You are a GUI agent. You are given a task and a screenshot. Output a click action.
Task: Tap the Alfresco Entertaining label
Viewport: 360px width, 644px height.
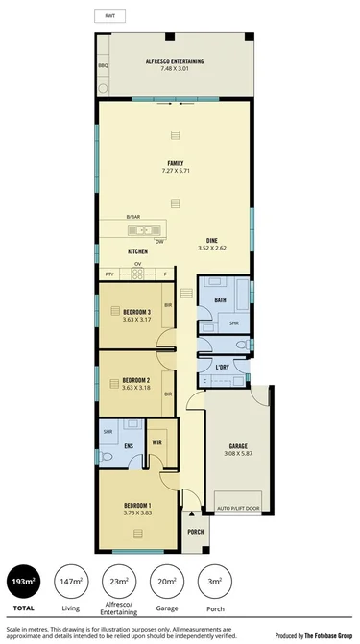click(x=176, y=61)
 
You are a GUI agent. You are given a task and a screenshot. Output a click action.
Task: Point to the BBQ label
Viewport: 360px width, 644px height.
click(x=104, y=65)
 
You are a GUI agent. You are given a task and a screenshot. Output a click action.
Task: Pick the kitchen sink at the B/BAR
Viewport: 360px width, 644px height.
click(x=132, y=229)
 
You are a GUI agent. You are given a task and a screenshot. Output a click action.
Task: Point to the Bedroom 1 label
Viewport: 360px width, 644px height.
click(x=136, y=505)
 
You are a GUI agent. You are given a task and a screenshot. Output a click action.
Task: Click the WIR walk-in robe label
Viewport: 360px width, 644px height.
click(x=156, y=441)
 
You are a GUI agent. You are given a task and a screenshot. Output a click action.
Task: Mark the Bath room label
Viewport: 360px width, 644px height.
click(x=220, y=300)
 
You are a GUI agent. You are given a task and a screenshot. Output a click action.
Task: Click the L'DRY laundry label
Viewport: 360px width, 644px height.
click(x=222, y=368)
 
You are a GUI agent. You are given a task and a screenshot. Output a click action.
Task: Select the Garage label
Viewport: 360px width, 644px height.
click(x=238, y=446)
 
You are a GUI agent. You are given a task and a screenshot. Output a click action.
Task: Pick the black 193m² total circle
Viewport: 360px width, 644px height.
click(x=18, y=583)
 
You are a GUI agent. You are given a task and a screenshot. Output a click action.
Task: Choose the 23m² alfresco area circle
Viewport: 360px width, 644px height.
click(x=118, y=583)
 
